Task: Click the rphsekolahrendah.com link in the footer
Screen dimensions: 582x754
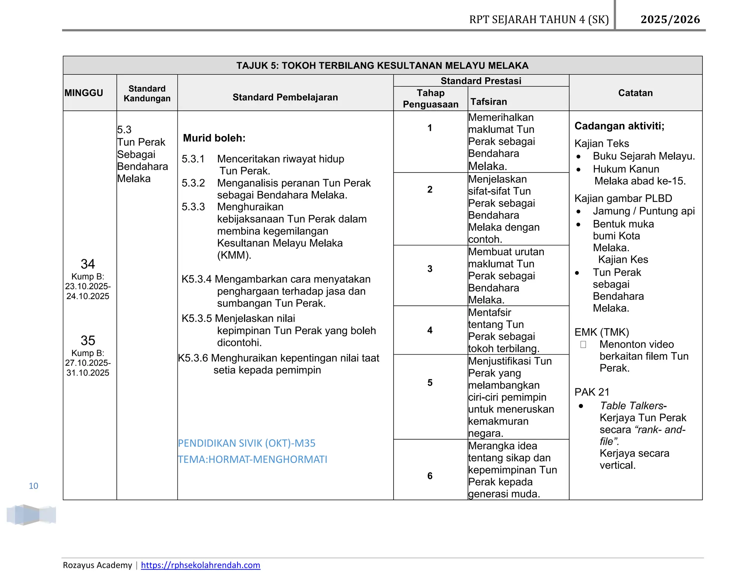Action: pyautogui.click(x=200, y=565)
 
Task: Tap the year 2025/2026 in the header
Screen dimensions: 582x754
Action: pyautogui.click(x=670, y=19)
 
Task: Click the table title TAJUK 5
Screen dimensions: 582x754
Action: pyautogui.click(x=382, y=65)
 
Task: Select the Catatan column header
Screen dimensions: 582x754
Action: pyautogui.click(x=635, y=93)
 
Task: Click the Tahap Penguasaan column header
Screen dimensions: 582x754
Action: pyautogui.click(x=430, y=99)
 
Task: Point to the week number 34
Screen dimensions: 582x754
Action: pyautogui.click(x=88, y=264)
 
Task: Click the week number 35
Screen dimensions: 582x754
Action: pyautogui.click(x=88, y=340)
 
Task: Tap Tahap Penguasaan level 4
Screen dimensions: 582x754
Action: pyautogui.click(x=430, y=330)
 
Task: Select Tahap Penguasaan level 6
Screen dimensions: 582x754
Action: pyautogui.click(x=430, y=476)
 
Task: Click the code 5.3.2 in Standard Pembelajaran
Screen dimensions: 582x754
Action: pyautogui.click(x=193, y=183)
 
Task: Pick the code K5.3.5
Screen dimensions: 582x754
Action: pyautogui.click(x=197, y=318)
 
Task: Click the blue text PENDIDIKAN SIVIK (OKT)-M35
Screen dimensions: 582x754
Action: pyautogui.click(x=246, y=443)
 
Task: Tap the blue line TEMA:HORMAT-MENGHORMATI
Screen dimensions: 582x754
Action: pyautogui.click(x=252, y=459)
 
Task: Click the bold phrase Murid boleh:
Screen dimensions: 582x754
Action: pyautogui.click(x=214, y=138)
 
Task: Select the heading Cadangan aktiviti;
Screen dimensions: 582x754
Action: pyautogui.click(x=619, y=126)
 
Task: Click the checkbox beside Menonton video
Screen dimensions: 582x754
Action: pyautogui.click(x=583, y=344)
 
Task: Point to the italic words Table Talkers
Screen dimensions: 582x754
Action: pyautogui.click(x=631, y=405)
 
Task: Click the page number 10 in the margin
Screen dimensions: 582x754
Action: pyautogui.click(x=34, y=486)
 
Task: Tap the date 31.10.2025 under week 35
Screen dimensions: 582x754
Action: pyautogui.click(x=88, y=373)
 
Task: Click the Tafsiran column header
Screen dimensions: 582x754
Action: pyautogui.click(x=489, y=102)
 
